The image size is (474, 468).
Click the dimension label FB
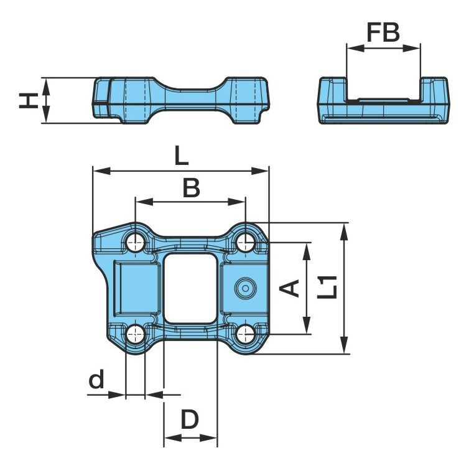[x=383, y=32]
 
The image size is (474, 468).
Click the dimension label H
[x=29, y=101]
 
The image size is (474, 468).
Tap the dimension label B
[x=192, y=187]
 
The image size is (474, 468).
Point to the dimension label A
[x=289, y=288]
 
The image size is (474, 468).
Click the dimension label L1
[x=327, y=287]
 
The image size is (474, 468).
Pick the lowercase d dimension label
[x=96, y=378]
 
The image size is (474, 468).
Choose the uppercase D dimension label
[x=190, y=419]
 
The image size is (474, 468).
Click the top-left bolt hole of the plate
[x=136, y=243]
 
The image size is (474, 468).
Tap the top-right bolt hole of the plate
[x=246, y=243]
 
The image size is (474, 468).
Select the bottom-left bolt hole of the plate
[x=136, y=335]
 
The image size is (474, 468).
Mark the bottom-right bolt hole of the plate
[x=246, y=335]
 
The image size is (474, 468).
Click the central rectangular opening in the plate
[x=190, y=288]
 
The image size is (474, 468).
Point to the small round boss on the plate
[x=246, y=288]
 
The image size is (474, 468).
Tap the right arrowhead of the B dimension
[x=237, y=202]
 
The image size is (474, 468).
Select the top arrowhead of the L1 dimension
[x=344, y=232]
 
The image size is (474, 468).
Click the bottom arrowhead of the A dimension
[x=307, y=325]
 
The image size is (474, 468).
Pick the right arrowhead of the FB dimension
[x=412, y=48]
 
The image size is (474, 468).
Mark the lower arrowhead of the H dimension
[x=46, y=115]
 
